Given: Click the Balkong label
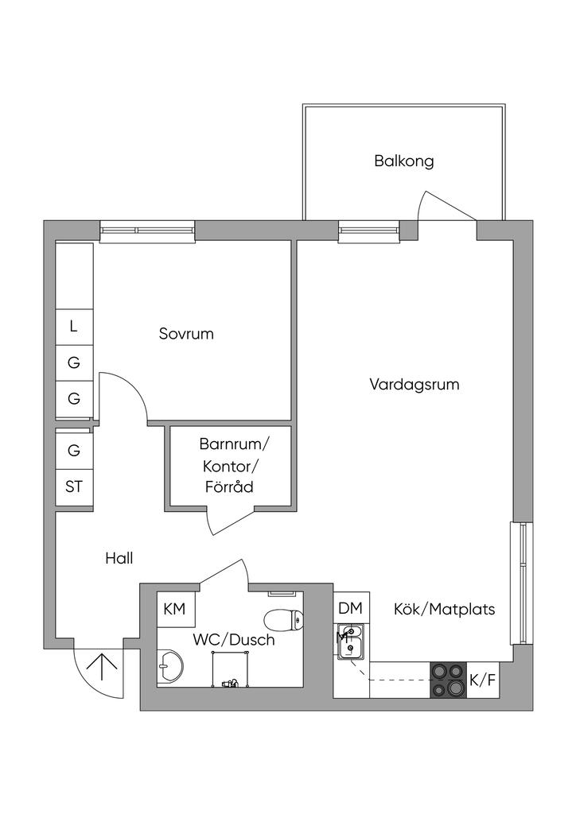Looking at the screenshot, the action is pos(403,161).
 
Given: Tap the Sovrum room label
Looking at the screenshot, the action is pos(186,333).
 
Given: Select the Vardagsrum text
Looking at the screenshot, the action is pos(414,385).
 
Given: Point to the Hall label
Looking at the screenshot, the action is pos(119,558).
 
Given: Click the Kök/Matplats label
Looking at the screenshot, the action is pos(444,609).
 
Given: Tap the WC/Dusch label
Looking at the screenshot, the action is pos(234,640).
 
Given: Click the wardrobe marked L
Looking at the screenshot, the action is pos(74,327).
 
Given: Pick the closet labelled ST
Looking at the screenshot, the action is pos(74,487).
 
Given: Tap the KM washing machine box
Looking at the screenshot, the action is pos(175,609).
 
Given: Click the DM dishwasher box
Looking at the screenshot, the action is pos(351,608).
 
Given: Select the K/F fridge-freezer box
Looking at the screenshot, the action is pos(483,680).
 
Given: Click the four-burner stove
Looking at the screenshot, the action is pos(449,680).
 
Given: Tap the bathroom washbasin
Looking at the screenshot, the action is pos(169,665).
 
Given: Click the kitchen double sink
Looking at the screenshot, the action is pos(351,642).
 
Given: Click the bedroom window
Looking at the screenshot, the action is pos(147,231).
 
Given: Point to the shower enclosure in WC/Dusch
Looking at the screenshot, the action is pos(230,669).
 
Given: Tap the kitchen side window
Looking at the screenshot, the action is pos(521,583).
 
